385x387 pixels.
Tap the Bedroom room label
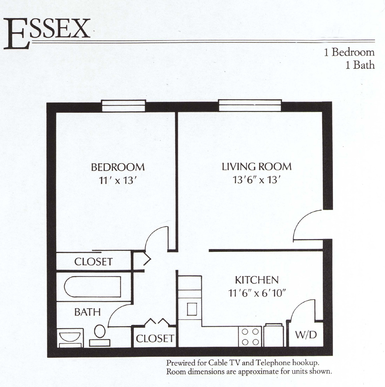coord(118,167)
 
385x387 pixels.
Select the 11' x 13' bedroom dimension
coord(118,180)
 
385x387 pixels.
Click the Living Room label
coord(256,167)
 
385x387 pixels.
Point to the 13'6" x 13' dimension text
coord(256,180)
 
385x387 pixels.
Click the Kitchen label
coord(257,280)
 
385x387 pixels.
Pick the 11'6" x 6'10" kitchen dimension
coord(257,293)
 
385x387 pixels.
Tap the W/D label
coord(306,335)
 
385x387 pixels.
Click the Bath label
coord(87,312)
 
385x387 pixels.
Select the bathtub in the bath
coord(92,287)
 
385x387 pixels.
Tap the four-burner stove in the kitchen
coord(250,336)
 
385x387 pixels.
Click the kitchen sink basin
coord(192,309)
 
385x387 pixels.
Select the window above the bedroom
coord(123,106)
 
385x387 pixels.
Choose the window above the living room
coord(250,105)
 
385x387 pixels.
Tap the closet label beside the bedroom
coord(94,262)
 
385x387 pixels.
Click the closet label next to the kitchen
coord(155,338)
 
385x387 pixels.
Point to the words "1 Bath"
coord(360,65)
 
